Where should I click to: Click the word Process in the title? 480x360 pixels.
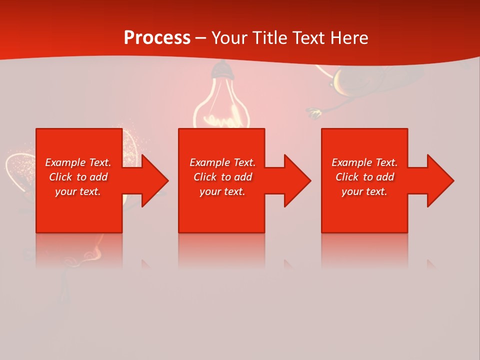pyautogui.click(x=157, y=38)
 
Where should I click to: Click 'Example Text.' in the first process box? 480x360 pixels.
pyautogui.click(x=78, y=162)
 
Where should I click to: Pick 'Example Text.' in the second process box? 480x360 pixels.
pyautogui.click(x=222, y=162)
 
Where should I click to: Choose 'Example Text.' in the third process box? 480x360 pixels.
pyautogui.click(x=364, y=162)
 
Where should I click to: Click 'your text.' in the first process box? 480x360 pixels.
pyautogui.click(x=78, y=191)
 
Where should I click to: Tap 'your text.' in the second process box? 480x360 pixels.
pyautogui.click(x=222, y=191)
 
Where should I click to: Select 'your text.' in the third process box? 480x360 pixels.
pyautogui.click(x=364, y=191)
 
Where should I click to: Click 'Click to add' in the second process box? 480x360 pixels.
pyautogui.click(x=222, y=177)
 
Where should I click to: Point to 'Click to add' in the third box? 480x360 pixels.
pyautogui.click(x=364, y=177)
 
